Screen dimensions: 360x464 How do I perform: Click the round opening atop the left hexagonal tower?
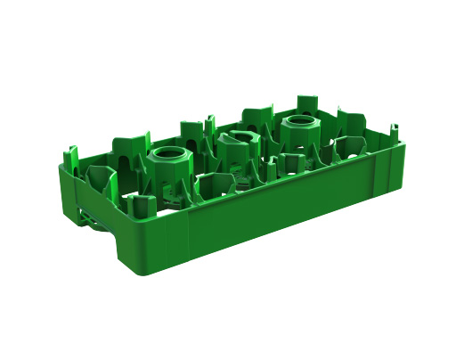pos(168,152)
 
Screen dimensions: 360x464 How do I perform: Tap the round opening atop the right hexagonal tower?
pos(297,123)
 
